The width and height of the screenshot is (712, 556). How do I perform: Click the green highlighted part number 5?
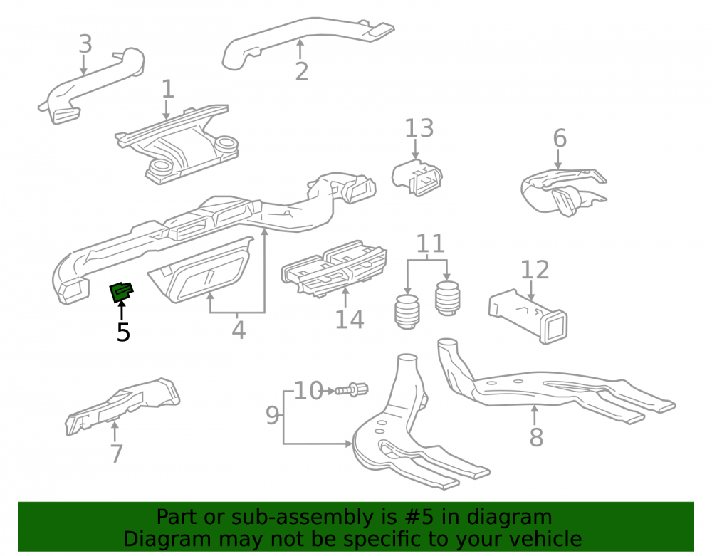122,291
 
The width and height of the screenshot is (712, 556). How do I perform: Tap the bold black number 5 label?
123,332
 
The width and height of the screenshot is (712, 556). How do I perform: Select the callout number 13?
419,128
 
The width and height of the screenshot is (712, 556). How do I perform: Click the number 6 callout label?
560,138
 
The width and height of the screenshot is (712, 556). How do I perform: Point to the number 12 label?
535,270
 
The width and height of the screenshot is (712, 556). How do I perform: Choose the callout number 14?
349,320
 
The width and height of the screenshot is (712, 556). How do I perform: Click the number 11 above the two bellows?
430,243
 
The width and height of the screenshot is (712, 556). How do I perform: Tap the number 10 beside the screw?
308,390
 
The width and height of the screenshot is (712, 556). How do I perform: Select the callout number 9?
273,415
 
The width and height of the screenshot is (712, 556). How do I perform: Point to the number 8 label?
536,437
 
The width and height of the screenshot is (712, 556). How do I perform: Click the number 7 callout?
117,453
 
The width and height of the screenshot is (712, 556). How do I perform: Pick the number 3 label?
85,43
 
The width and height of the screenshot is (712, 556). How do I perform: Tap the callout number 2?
301,71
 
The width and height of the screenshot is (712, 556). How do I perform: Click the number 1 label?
168,89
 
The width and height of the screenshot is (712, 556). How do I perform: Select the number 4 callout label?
239,330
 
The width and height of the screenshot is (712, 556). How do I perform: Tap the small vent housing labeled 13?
417,177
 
